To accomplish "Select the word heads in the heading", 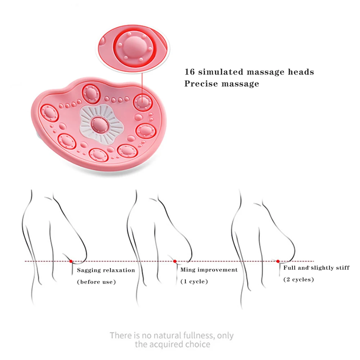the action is tap(301, 72).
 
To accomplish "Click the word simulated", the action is tap(221, 72).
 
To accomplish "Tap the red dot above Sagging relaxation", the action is tap(71, 261).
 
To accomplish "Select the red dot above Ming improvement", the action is tap(175, 261).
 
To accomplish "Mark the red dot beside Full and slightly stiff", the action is tap(278, 261).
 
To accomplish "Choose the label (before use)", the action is tap(96, 282).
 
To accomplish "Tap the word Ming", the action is tap(187, 270).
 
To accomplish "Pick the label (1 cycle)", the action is tap(194, 282).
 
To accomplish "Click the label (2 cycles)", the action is tap(298, 279).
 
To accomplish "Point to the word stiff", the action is tap(342, 268).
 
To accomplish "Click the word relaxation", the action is tap(119, 270).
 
